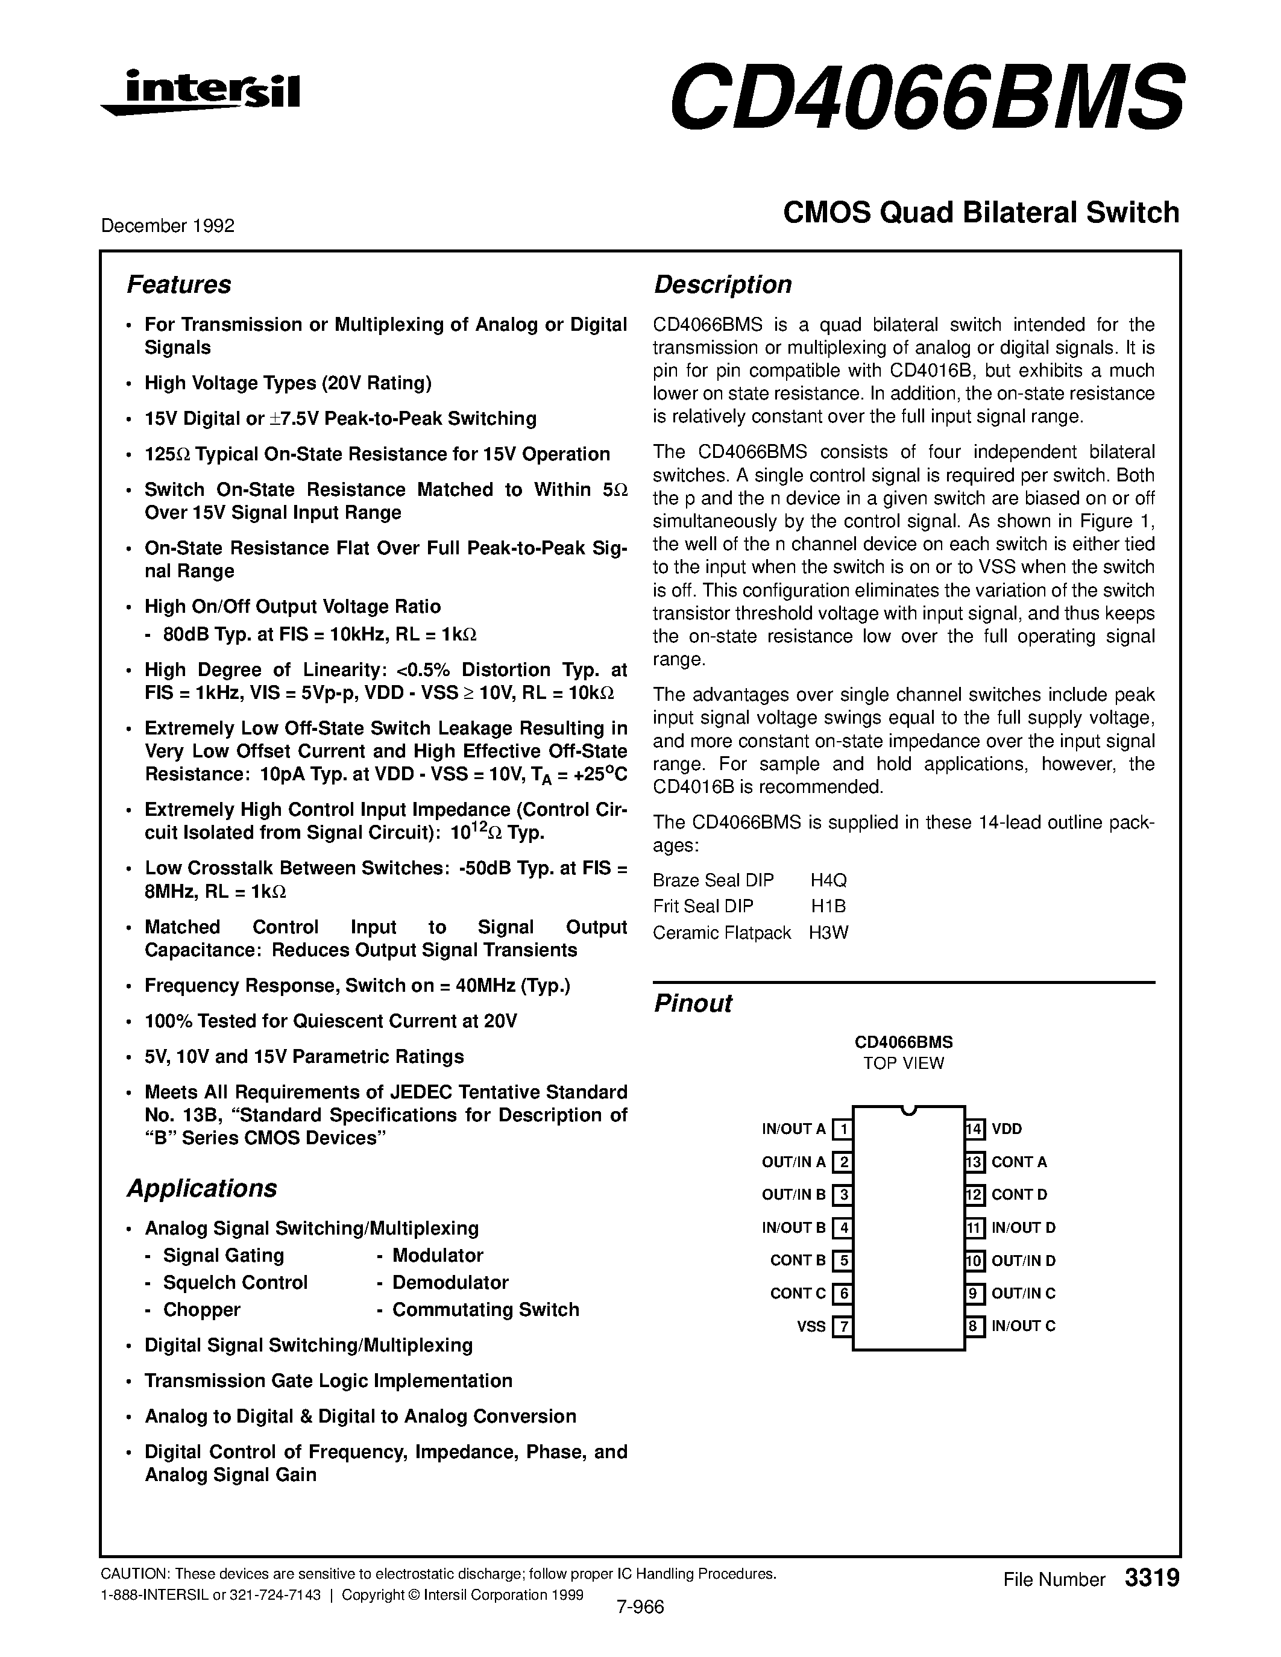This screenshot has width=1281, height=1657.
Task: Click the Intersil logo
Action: tap(201, 93)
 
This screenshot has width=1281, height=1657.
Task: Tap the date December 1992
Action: tap(168, 225)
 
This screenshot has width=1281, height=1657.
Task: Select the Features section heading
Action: tap(178, 284)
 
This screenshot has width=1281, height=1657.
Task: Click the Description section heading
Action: tap(722, 284)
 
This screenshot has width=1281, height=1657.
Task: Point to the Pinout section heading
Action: tap(693, 1003)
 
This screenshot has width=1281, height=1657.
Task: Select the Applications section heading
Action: tap(202, 1188)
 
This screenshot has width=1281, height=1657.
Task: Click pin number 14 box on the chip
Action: tap(974, 1129)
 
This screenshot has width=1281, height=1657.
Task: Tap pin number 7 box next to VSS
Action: tap(842, 1326)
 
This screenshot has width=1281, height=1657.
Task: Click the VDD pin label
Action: tap(1007, 1129)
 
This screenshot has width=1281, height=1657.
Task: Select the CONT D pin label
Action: tap(1019, 1194)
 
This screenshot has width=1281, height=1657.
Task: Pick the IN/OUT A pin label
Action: tap(793, 1129)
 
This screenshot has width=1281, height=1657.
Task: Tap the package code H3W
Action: tap(828, 933)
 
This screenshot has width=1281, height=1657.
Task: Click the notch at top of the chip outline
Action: tap(908, 1110)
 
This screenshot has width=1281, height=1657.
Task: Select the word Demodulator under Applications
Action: tap(450, 1282)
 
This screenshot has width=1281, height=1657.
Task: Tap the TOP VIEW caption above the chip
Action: tap(903, 1063)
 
